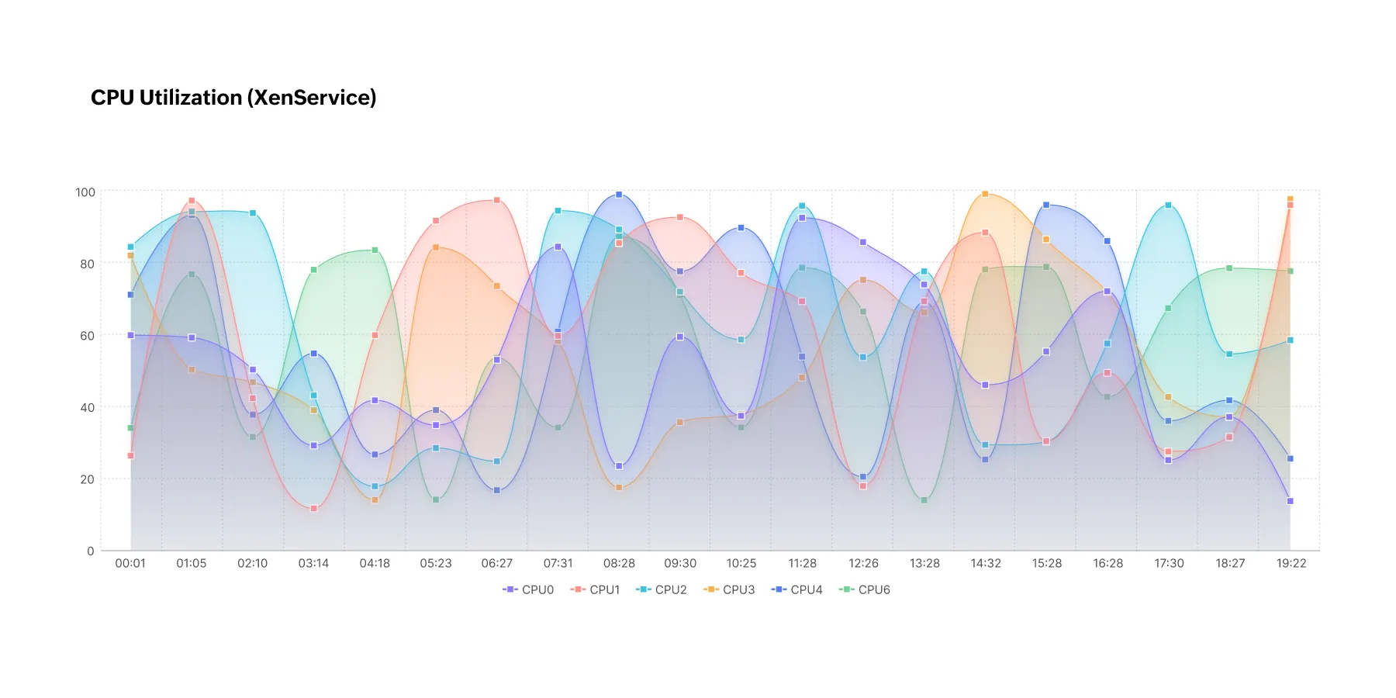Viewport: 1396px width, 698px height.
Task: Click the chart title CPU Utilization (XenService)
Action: click(233, 98)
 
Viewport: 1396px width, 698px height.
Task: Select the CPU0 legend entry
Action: click(529, 590)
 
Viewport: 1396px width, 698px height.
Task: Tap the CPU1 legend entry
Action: click(596, 590)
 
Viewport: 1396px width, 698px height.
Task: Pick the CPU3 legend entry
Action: click(730, 590)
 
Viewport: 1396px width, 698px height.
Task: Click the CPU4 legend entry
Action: click(797, 590)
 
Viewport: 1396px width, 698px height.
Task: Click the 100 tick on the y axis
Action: click(85, 192)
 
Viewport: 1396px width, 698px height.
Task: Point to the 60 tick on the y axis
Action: click(87, 336)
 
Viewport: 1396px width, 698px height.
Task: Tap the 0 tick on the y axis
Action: click(91, 551)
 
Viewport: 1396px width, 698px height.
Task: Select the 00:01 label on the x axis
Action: click(130, 564)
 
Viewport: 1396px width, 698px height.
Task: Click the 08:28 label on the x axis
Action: click(619, 564)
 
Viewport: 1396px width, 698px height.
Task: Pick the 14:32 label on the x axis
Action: click(986, 564)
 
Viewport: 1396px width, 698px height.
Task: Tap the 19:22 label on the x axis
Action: click(1291, 564)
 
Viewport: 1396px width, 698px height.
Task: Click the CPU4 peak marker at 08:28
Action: click(619, 195)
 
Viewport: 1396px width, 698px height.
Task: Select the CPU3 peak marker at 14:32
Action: click(986, 194)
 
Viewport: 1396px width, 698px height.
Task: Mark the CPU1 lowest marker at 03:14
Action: click(313, 509)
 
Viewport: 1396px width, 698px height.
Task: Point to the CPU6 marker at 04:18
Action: click(375, 250)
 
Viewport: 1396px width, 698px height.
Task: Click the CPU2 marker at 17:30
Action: click(1168, 206)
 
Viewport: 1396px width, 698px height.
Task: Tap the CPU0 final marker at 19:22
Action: click(1291, 501)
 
